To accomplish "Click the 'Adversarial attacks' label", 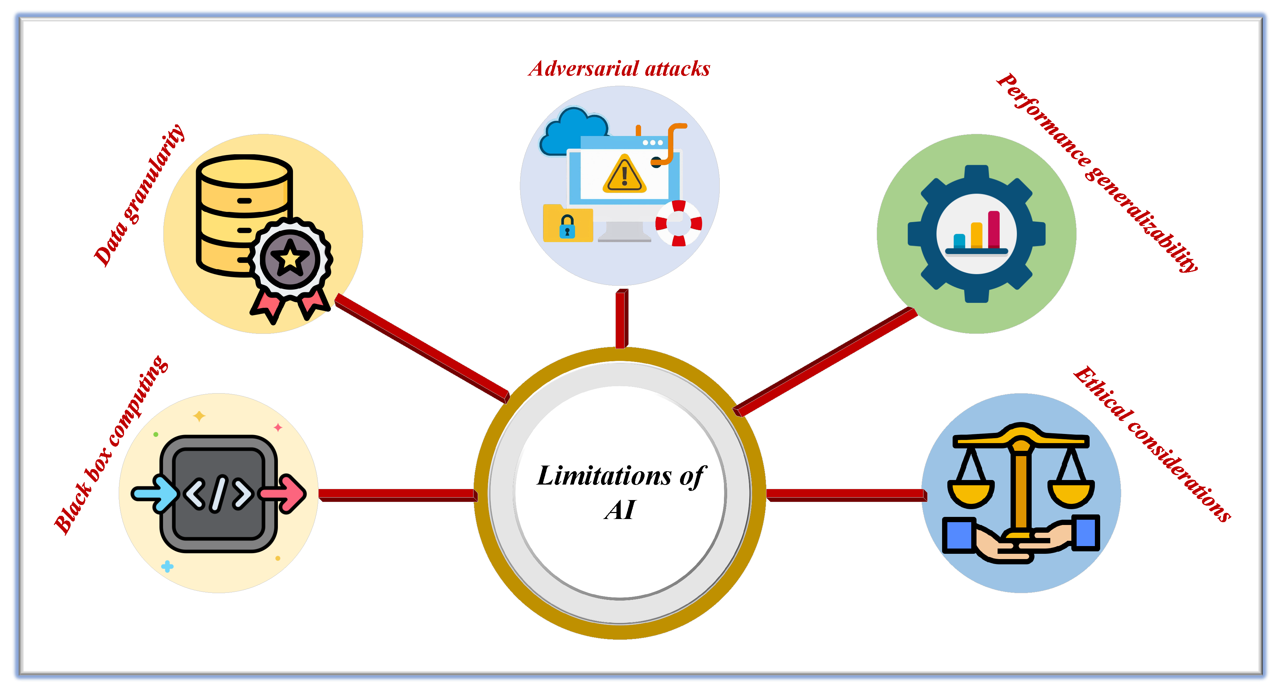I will (x=619, y=69).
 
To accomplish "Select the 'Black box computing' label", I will (x=111, y=445).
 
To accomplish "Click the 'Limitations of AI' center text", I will (x=620, y=491).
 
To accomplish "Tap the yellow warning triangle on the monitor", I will (x=624, y=175).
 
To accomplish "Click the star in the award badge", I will (x=290, y=259).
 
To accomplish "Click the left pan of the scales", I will (x=971, y=492).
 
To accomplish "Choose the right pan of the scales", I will (x=1071, y=492).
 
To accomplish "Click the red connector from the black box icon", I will (x=398, y=495).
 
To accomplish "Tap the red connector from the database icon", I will (x=422, y=348).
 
